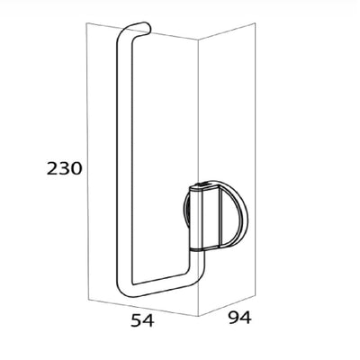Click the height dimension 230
[64, 168]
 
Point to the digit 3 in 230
[64, 168]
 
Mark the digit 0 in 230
[76, 168]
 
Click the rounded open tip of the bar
[148, 27]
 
